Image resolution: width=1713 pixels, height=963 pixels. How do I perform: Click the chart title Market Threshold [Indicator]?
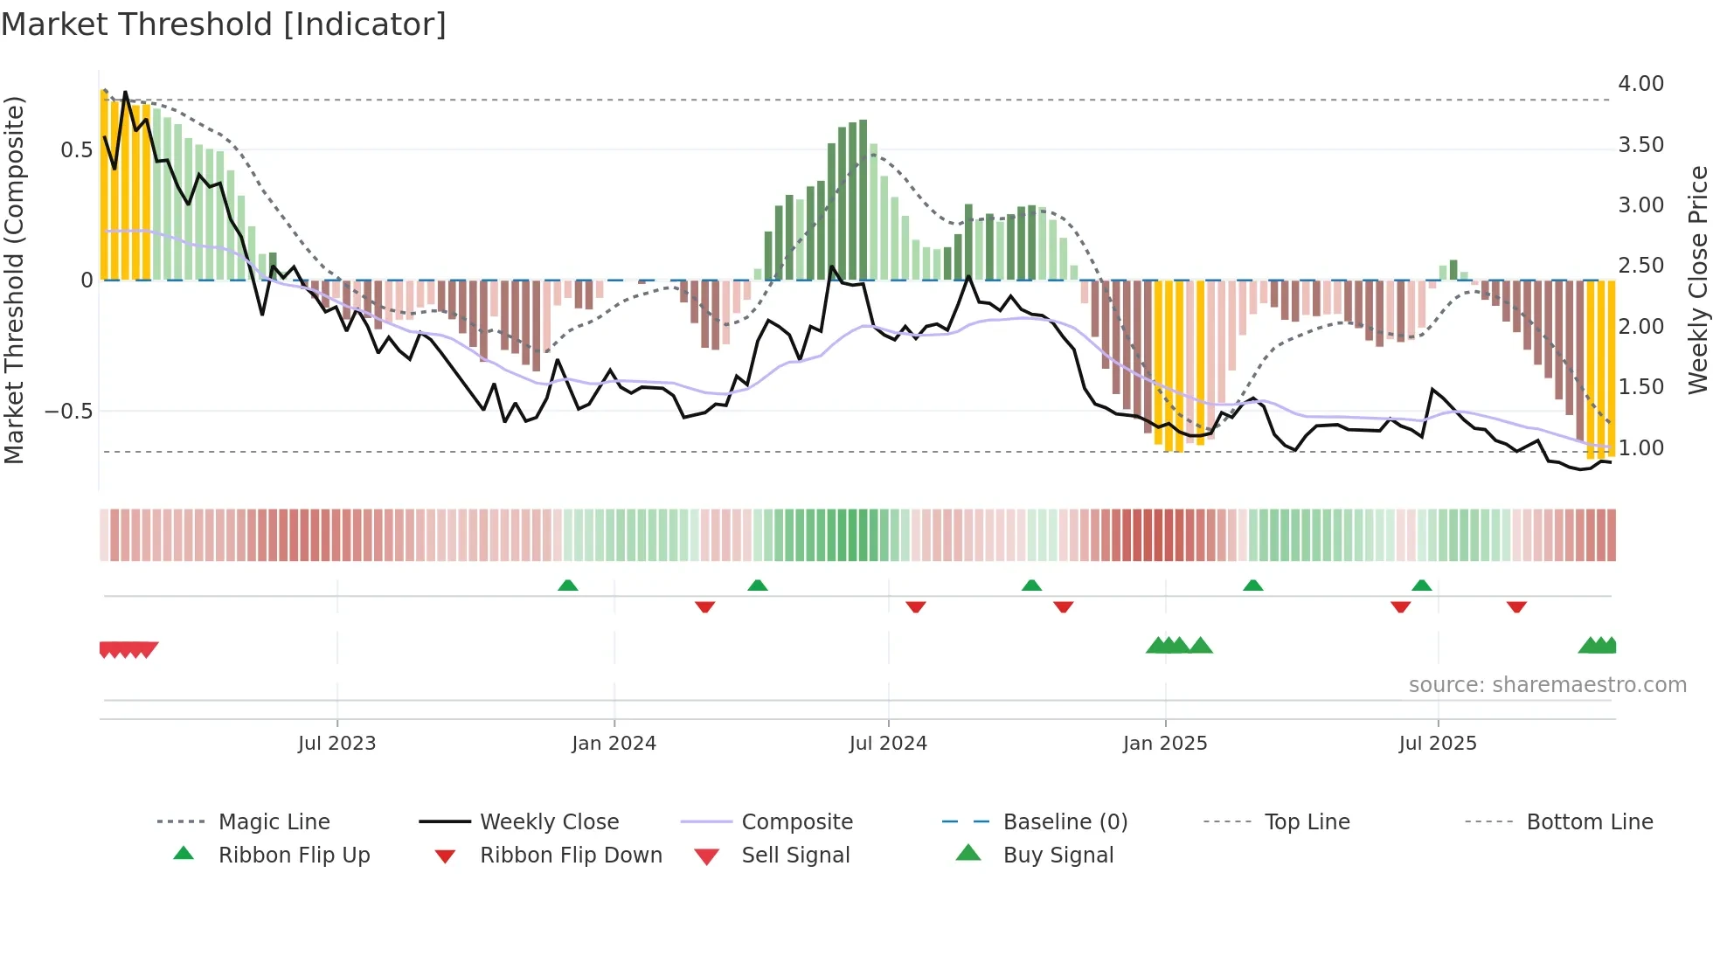[x=224, y=24]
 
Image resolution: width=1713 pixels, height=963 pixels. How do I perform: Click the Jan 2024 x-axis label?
[x=614, y=744]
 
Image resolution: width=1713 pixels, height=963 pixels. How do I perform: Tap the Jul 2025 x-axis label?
[x=1438, y=744]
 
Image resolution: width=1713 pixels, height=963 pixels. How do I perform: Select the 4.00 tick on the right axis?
[x=1640, y=84]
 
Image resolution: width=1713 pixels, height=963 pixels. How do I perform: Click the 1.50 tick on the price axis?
[x=1640, y=387]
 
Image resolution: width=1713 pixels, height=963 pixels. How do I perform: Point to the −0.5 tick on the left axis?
[x=69, y=412]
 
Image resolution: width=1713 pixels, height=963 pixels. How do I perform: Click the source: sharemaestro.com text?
[x=1547, y=685]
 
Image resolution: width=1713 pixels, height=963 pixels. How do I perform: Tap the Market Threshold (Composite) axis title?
[x=14, y=280]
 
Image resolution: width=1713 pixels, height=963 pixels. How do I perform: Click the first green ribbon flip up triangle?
[x=568, y=585]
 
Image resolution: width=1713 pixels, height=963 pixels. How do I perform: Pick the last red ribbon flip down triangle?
[x=1516, y=606]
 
